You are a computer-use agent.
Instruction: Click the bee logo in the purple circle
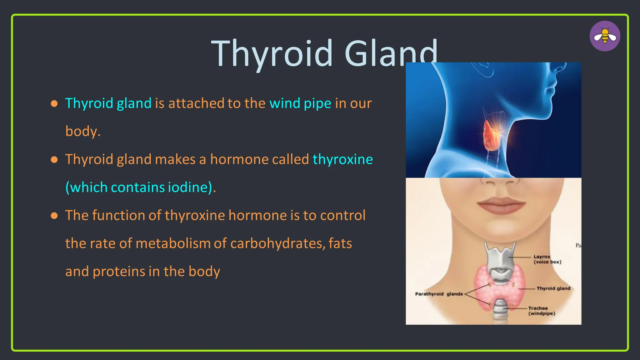coord(605,36)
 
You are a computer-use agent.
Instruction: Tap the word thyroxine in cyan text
coord(342,159)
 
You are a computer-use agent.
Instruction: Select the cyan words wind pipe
coord(300,103)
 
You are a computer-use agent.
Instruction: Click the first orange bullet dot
coord(54,103)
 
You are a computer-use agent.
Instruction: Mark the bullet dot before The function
coord(54,216)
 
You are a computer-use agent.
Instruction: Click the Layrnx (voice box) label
coord(547,259)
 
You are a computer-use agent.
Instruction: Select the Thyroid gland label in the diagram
coord(553,288)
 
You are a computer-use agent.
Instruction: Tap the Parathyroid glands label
coord(439,294)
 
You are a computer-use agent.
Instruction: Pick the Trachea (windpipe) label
coord(542,311)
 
